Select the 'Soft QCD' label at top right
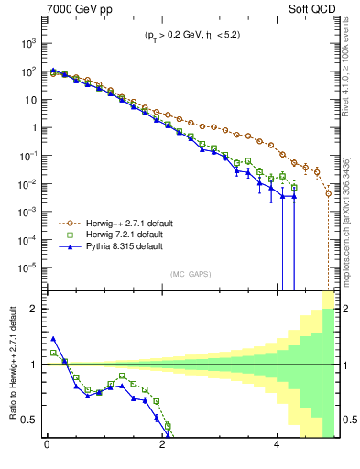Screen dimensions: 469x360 point(310,10)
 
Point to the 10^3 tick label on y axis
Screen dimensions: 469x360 point(27,43)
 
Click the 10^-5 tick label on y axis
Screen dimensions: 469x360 point(27,267)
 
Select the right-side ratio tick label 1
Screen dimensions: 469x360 point(341,365)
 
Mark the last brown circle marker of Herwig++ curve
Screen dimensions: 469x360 point(329,193)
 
